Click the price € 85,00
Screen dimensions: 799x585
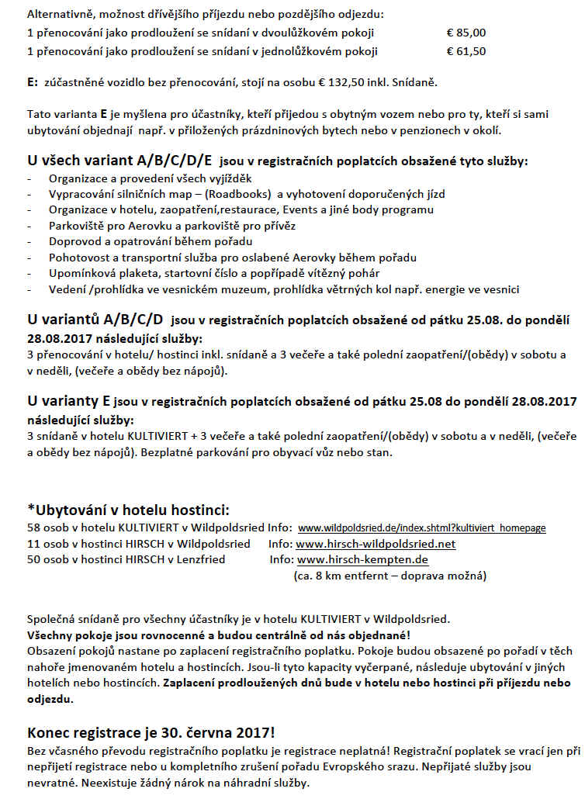pos(466,33)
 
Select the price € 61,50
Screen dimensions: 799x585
pos(466,51)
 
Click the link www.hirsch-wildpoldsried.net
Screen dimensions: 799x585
pos(376,544)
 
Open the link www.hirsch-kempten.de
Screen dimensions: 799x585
pos(362,559)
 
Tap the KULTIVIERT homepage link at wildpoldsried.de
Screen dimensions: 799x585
pos(421,528)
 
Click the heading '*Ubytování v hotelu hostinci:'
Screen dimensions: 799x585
pos(128,510)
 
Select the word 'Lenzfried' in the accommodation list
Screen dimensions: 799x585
pos(199,559)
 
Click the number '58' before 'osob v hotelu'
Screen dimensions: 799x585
pos(33,528)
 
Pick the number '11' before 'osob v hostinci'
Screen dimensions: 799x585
pos(33,544)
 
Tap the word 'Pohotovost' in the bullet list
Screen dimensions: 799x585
pos(77,258)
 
